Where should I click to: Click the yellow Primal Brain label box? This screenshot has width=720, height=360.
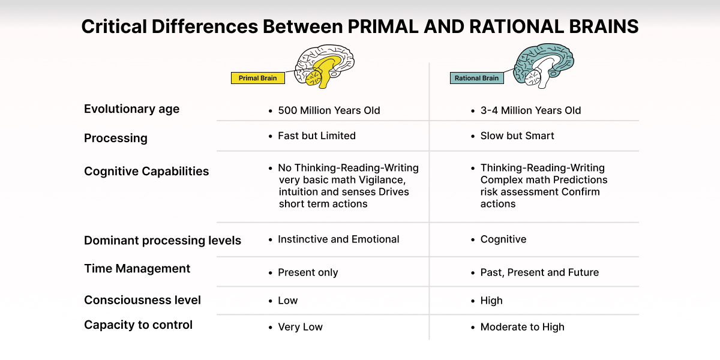click(258, 78)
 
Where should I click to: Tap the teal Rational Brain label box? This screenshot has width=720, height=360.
click(476, 78)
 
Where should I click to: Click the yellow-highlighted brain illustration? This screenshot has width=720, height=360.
click(325, 66)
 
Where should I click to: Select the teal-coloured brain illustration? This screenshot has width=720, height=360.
click(543, 66)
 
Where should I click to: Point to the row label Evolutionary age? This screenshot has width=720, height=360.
click(132, 109)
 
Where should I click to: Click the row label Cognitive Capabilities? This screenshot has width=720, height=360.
click(146, 172)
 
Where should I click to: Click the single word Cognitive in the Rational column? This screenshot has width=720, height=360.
click(503, 239)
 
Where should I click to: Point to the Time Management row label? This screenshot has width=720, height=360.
click(137, 268)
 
